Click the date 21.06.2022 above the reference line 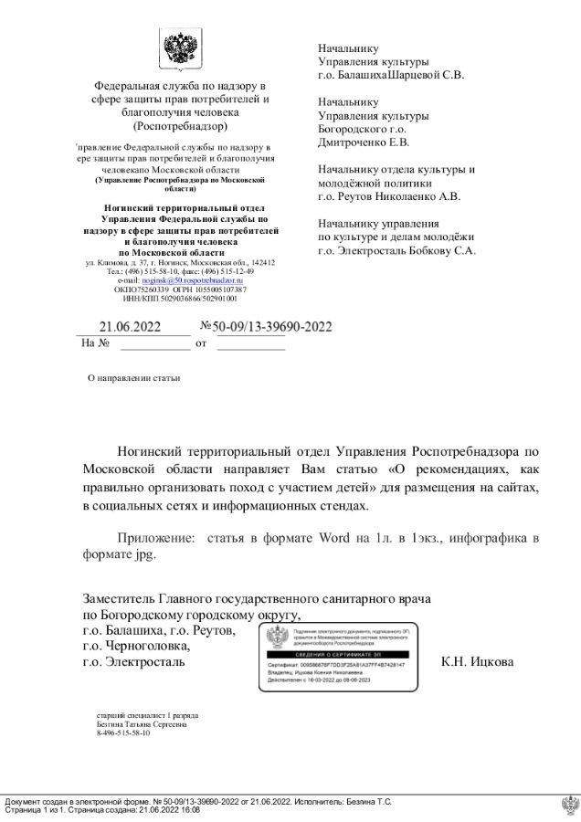tap(130, 326)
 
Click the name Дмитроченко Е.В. tap(364, 142)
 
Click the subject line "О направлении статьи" tap(133, 376)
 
